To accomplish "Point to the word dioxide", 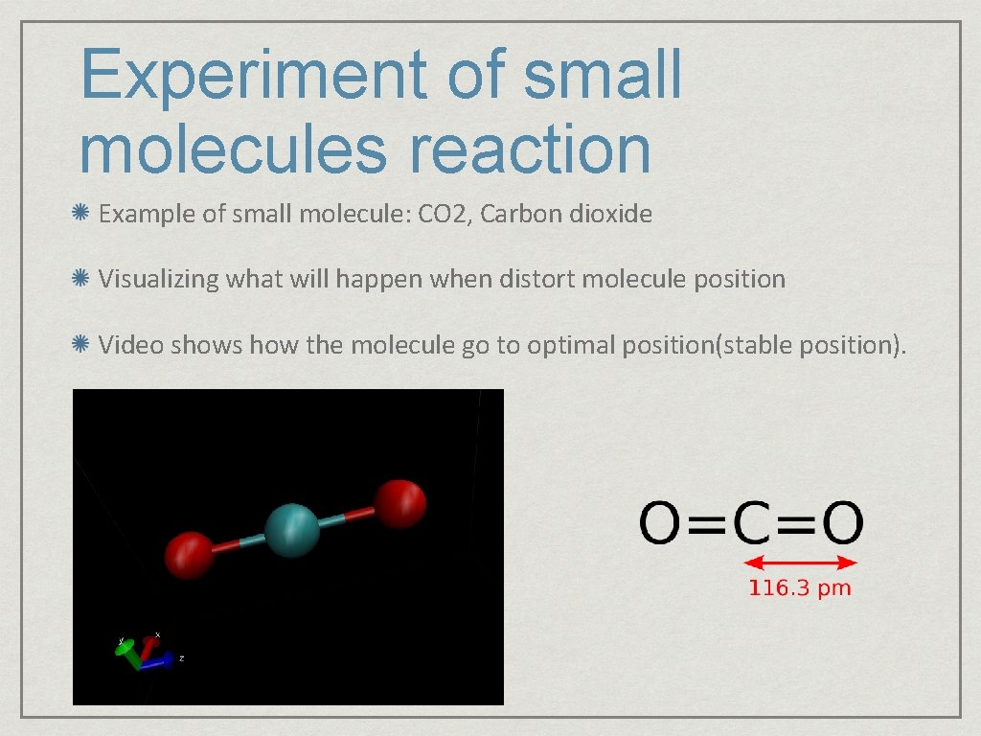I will pyautogui.click(x=610, y=214).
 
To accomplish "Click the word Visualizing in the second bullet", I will pyautogui.click(x=158, y=280).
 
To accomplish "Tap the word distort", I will pyautogui.click(x=539, y=280).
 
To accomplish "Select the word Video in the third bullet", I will pyautogui.click(x=131, y=344).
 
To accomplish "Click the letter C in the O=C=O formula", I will pyautogui.click(x=751, y=523).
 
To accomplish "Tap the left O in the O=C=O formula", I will pyautogui.click(x=661, y=523).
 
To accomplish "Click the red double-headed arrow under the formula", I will pyautogui.click(x=801, y=563).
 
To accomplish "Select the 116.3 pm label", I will pyautogui.click(x=799, y=588).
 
